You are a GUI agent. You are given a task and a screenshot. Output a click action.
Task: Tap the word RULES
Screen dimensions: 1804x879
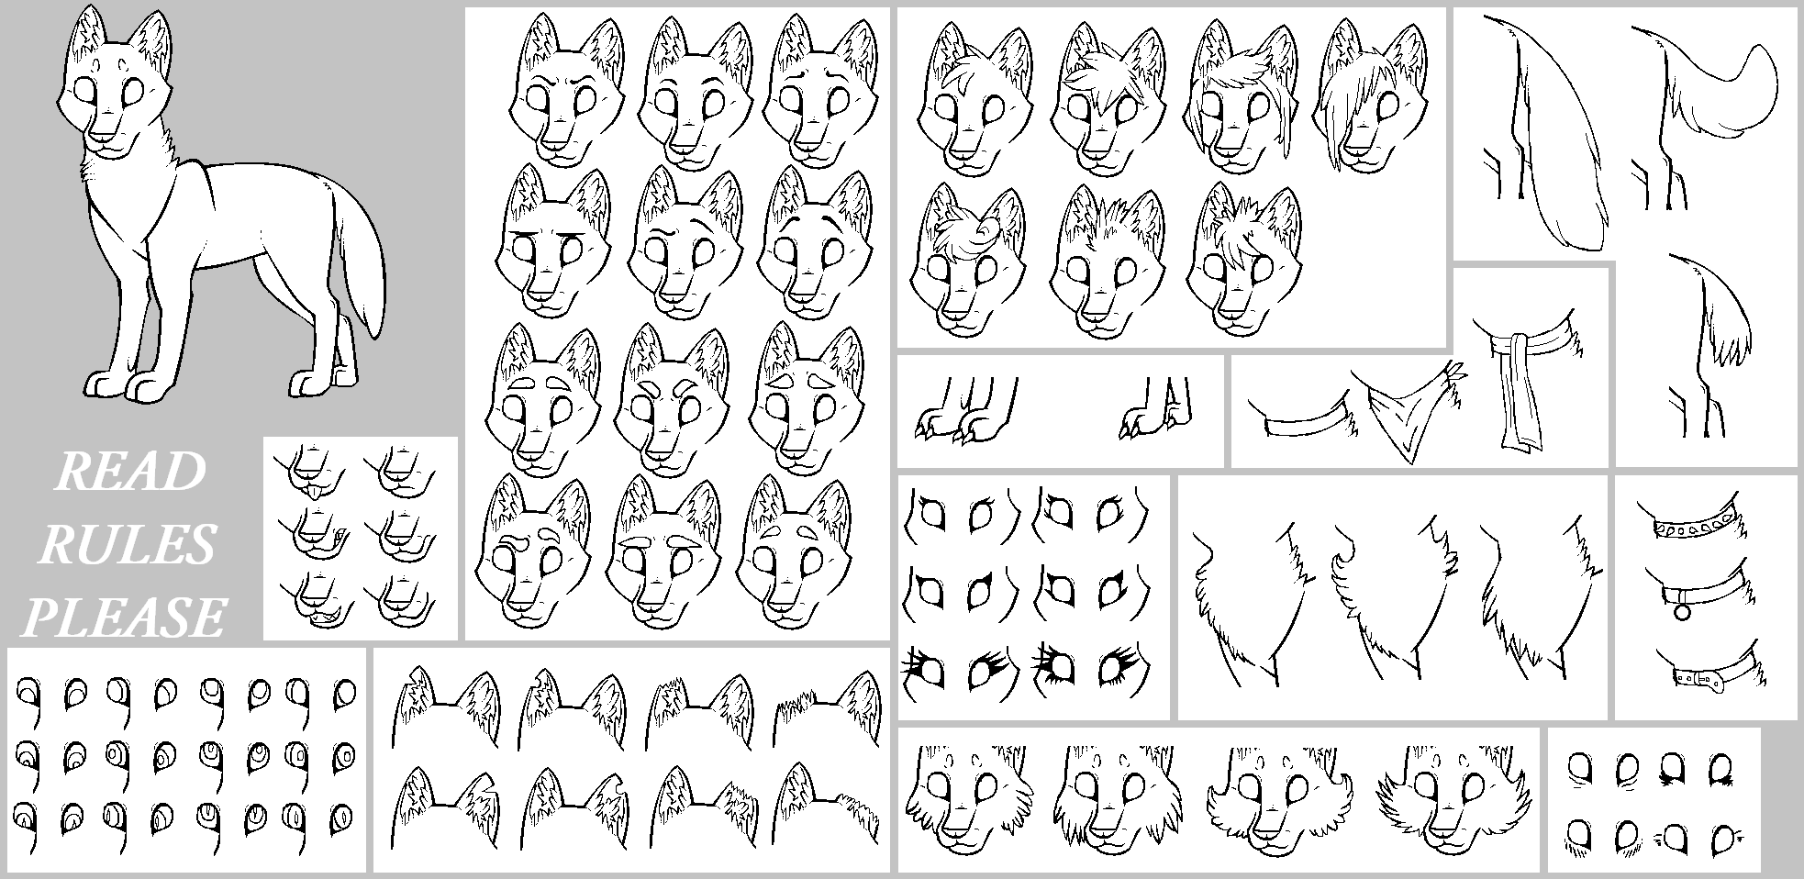pyautogui.click(x=126, y=545)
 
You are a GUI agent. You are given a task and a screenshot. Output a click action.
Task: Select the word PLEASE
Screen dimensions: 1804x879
pyautogui.click(x=123, y=616)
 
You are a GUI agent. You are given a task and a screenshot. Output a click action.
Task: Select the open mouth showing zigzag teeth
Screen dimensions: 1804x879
pyautogui.click(x=322, y=617)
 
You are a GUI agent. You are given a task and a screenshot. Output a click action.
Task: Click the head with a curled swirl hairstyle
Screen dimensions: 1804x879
pyautogui.click(x=969, y=261)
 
